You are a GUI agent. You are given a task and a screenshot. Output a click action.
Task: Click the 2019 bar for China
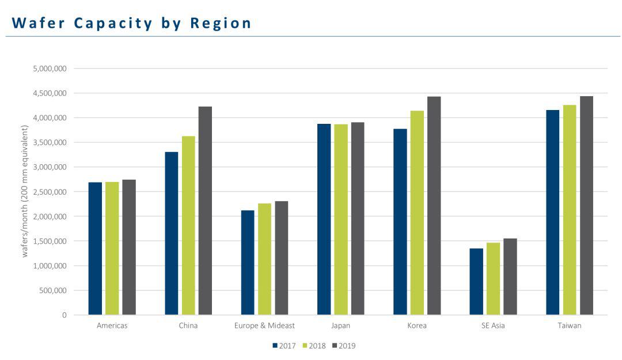tap(205, 211)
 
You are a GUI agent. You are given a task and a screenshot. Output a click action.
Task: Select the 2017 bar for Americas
tap(95, 249)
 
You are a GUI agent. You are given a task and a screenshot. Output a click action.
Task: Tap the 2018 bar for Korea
tap(417, 213)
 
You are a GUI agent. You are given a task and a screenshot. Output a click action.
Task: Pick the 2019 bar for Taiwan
tap(586, 206)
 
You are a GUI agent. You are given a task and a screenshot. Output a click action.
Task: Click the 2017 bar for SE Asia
tap(476, 282)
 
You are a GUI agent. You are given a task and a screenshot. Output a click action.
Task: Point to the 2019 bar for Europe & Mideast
tap(281, 258)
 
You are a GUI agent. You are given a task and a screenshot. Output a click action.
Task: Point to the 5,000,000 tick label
tap(50, 69)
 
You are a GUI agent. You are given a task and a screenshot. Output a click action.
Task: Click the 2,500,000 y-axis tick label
tap(50, 192)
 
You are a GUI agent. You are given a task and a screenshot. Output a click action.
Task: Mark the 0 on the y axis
tap(65, 315)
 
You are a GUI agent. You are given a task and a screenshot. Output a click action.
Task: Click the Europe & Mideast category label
tap(264, 325)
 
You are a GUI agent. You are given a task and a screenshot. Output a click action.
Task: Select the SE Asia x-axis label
tap(494, 325)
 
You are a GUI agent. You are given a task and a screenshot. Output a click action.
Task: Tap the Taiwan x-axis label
tap(570, 325)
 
